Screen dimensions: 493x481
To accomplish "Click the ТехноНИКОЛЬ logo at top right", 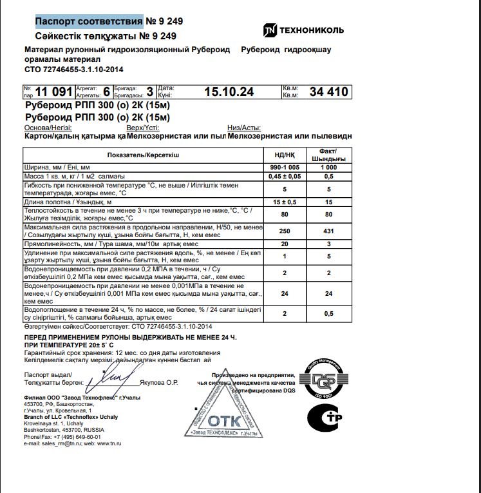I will click(303, 30).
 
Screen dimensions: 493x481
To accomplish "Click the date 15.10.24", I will click(229, 92).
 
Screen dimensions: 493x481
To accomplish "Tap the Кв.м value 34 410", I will click(328, 92).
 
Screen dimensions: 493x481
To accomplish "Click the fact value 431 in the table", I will click(328, 231).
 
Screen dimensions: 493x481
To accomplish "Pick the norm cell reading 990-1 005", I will click(285, 167).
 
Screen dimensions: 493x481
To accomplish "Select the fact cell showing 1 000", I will click(328, 167).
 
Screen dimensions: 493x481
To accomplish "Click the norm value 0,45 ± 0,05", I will click(285, 176).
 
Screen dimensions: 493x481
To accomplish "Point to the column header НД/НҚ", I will click(285, 155).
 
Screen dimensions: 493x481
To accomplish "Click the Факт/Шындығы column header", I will click(328, 155).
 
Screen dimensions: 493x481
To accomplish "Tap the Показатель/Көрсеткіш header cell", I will click(144, 155).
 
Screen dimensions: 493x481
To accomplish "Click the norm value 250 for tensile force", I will click(285, 231).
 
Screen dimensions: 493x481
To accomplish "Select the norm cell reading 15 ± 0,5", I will click(285, 202).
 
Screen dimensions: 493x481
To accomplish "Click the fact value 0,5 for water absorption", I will click(328, 313).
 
